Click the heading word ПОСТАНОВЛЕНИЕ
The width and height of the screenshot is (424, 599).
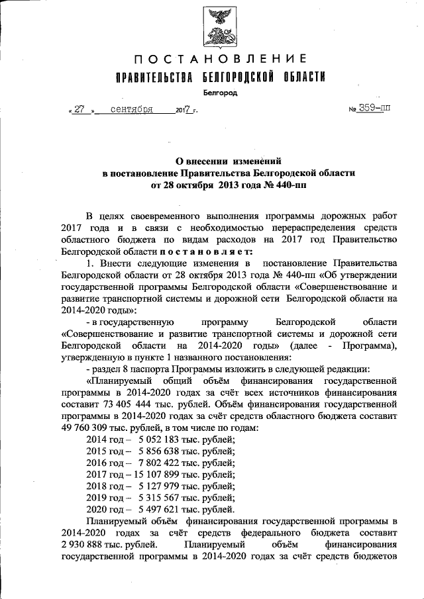pyautogui.click(x=219, y=59)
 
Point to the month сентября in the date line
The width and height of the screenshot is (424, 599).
pyautogui.click(x=132, y=109)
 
